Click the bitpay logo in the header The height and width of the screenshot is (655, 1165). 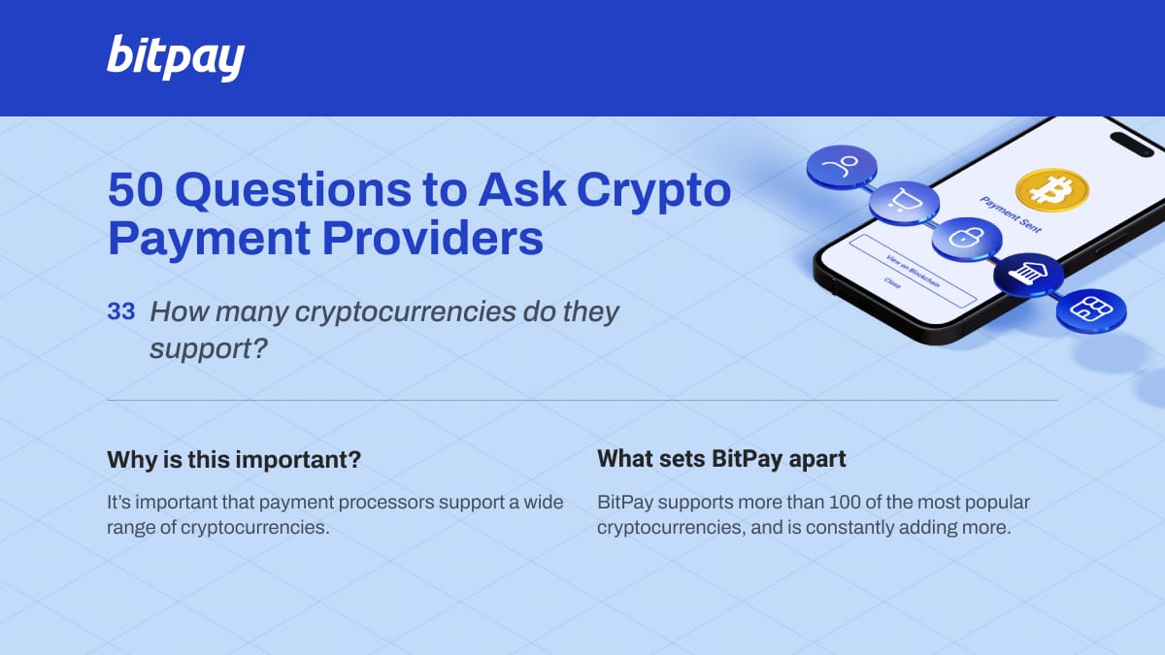[176, 57]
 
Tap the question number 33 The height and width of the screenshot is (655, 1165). [121, 311]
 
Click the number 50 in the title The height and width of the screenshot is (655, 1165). [135, 190]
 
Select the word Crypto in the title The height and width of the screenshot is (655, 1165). [653, 192]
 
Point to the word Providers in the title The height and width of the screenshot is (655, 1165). [433, 238]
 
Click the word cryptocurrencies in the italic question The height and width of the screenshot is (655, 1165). [405, 312]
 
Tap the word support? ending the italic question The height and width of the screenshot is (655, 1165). [209, 348]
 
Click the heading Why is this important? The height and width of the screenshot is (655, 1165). [234, 460]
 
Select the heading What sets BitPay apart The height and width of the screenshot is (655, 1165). [721, 459]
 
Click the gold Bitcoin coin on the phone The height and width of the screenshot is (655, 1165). [1052, 190]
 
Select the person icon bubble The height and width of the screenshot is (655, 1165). [842, 167]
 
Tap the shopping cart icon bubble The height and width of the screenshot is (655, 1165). [905, 203]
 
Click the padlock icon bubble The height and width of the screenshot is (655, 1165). [967, 239]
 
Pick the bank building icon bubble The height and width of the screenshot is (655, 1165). [1029, 275]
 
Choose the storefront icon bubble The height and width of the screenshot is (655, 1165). [1091, 311]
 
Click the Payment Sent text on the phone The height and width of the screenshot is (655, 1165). [1011, 214]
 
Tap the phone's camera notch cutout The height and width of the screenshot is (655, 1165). [1132, 145]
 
